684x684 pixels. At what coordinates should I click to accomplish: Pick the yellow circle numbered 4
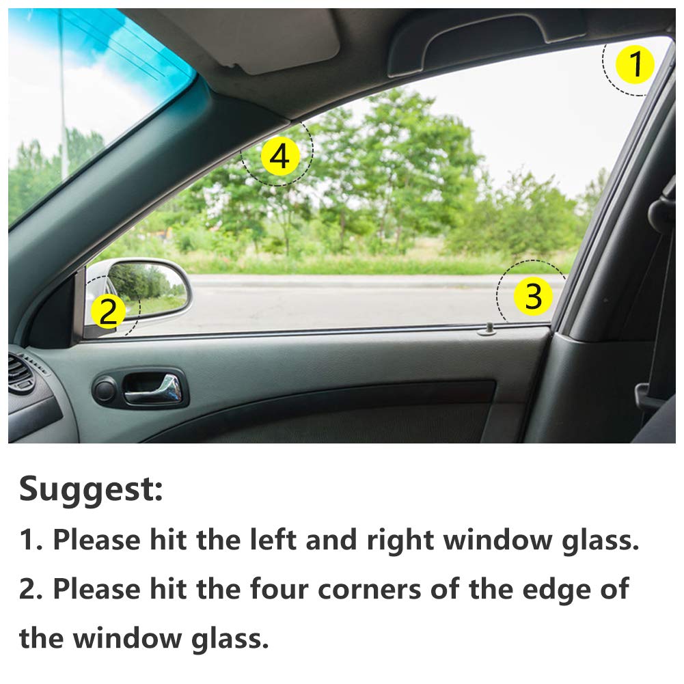(x=279, y=157)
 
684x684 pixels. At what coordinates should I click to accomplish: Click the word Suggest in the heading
(x=91, y=489)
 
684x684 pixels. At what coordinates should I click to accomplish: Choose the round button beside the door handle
(x=104, y=390)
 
